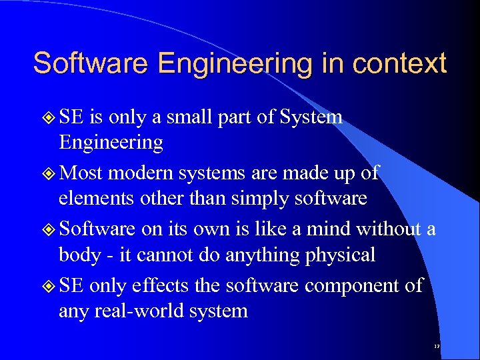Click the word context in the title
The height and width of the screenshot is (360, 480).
point(399,64)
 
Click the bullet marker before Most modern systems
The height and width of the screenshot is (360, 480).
point(48,173)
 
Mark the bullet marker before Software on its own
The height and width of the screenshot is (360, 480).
point(48,229)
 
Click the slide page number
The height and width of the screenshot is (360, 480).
point(437,347)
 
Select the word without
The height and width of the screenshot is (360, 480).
point(390,229)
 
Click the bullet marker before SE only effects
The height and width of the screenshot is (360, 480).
point(48,286)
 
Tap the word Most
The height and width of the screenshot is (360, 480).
point(81,173)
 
